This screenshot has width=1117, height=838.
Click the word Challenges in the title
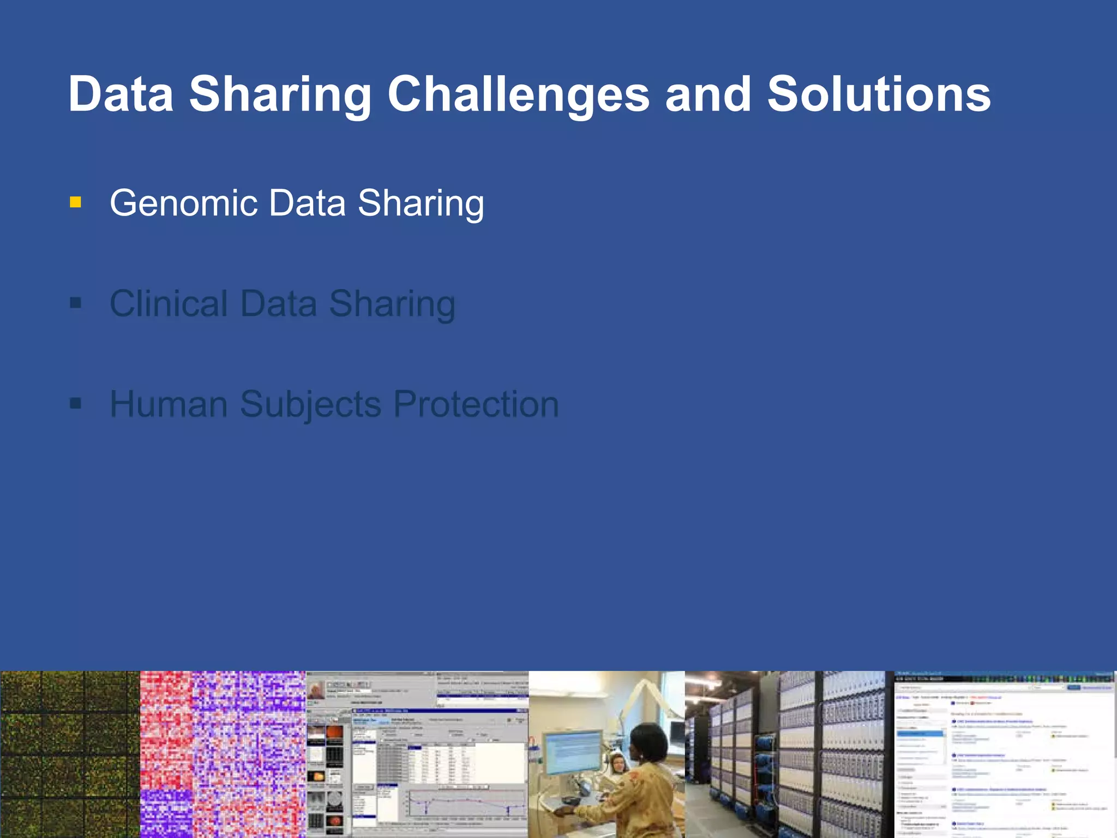point(518,94)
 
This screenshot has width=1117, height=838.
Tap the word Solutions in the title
point(879,94)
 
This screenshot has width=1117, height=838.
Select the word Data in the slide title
point(121,94)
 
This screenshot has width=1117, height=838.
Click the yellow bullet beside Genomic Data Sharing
point(76,203)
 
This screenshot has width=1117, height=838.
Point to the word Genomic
point(183,203)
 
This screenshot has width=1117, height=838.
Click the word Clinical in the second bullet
point(169,303)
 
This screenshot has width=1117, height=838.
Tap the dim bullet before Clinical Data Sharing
point(76,303)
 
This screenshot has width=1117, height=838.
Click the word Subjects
point(310,404)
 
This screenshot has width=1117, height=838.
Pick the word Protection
point(476,404)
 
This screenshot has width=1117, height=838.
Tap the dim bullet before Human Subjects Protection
point(76,404)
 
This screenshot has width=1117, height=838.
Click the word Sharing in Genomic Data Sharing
point(421,203)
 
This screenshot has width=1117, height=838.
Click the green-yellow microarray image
point(70,754)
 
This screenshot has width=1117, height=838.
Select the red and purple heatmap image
point(223,754)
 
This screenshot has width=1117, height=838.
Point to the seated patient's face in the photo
point(618,763)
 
